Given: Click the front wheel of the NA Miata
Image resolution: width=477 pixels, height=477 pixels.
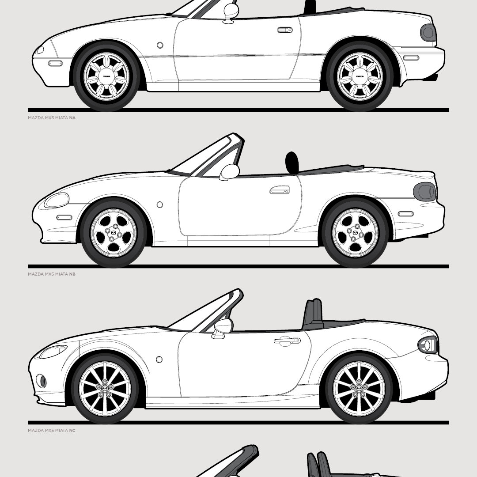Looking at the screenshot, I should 106,76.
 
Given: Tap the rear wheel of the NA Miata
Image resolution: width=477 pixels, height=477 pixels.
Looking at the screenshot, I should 360,76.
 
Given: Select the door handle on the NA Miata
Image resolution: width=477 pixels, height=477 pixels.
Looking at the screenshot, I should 285,30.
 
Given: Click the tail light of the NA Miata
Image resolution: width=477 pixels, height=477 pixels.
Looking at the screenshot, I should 428,33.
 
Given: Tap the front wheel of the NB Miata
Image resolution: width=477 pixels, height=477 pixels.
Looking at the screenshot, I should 113,232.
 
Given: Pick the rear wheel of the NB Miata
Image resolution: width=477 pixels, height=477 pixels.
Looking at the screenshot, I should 355,232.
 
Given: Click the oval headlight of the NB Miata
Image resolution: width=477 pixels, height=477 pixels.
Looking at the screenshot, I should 57,201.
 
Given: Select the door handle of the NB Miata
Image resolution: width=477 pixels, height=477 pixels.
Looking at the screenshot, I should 280,190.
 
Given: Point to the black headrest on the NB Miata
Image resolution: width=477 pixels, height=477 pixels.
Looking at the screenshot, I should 292,162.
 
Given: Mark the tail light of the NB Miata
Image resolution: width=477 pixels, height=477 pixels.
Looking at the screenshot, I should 424,191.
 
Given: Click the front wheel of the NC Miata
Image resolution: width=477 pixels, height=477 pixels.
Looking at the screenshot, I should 105,388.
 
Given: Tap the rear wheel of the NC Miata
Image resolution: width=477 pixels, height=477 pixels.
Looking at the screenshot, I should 359,388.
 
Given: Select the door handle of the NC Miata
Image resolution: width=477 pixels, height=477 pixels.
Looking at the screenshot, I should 287,341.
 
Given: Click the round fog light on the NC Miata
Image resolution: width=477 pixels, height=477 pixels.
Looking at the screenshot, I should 41,380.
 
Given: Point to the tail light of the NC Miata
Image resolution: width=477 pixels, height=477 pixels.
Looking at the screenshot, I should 428,344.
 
